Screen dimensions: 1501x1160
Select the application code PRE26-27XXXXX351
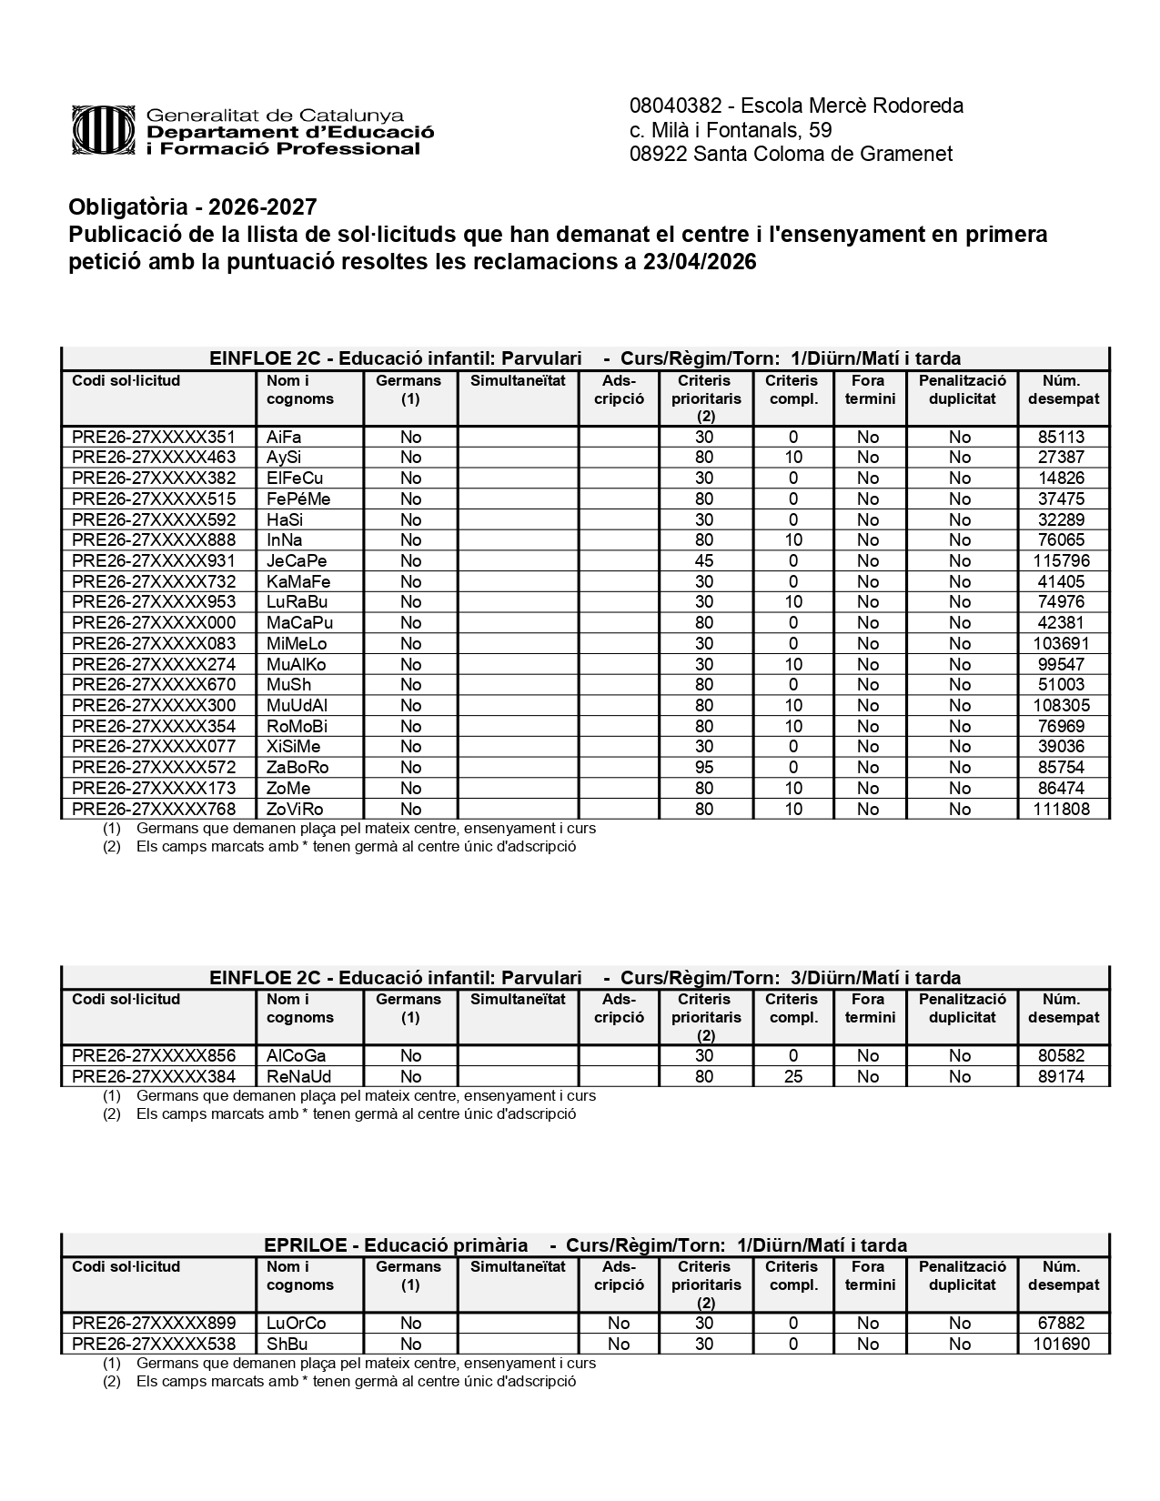click(154, 437)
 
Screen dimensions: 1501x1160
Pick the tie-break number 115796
click(1061, 561)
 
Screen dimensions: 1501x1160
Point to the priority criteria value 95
click(703, 768)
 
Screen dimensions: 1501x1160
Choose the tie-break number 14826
click(1061, 479)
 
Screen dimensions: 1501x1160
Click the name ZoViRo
click(295, 810)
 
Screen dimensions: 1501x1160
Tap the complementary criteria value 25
click(793, 1077)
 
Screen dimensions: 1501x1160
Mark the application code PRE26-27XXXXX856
click(154, 1056)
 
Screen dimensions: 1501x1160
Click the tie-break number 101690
click(1061, 1345)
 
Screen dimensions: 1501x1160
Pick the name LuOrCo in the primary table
click(296, 1324)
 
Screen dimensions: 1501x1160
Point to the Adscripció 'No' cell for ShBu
click(619, 1345)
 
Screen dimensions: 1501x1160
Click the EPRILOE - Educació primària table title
click(396, 1245)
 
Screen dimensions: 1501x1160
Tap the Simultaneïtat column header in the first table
click(518, 381)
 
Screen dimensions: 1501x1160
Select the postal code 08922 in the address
click(658, 154)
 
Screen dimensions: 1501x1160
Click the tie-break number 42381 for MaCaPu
click(1061, 623)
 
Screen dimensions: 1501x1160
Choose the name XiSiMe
click(294, 747)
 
